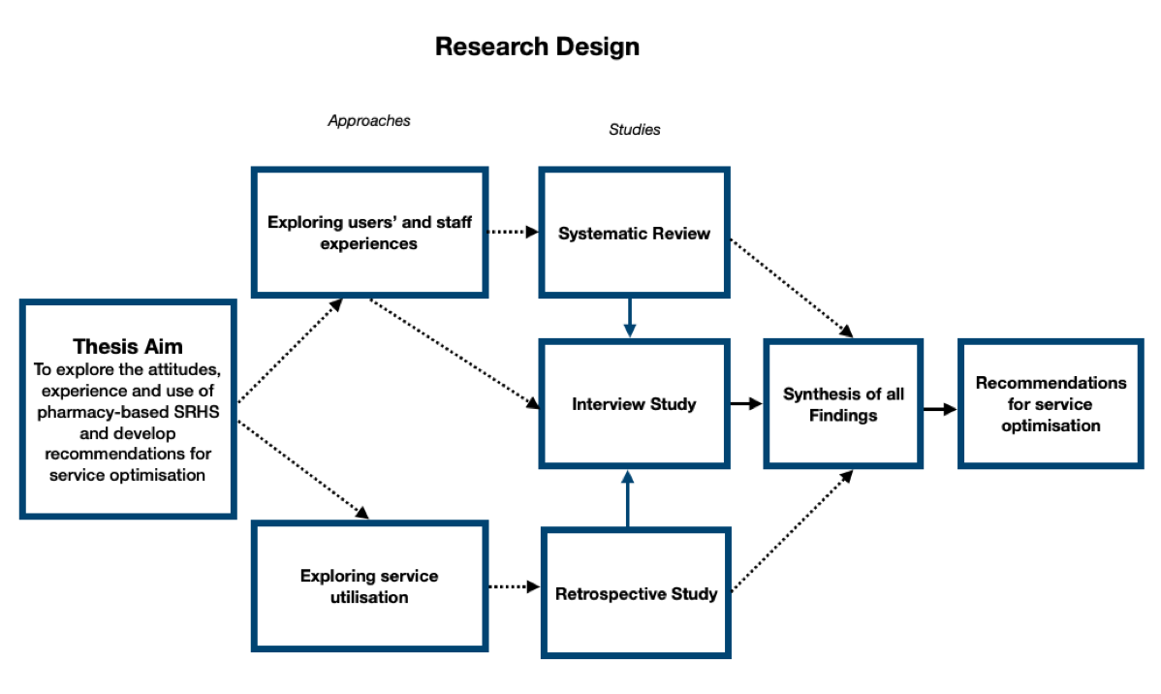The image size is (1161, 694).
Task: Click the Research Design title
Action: click(x=537, y=46)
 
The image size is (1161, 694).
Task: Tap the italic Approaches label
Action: click(x=369, y=121)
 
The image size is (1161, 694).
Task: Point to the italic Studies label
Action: click(x=635, y=129)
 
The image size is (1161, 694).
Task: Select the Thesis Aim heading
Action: click(x=127, y=346)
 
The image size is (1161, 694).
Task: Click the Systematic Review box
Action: click(x=634, y=233)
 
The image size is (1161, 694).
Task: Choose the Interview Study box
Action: click(x=634, y=404)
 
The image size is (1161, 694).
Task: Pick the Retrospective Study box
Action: click(x=636, y=593)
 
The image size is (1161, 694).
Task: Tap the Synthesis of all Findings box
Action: click(x=843, y=404)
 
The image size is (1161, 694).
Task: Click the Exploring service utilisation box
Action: click(x=368, y=586)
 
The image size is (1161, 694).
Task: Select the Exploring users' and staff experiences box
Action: click(x=369, y=233)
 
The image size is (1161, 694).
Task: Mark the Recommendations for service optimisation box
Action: click(x=1051, y=404)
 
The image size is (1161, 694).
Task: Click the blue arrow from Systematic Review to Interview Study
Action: click(x=630, y=317)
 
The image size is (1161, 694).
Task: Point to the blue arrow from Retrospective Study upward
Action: click(x=628, y=498)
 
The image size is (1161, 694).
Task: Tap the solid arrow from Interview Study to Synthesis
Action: click(x=745, y=404)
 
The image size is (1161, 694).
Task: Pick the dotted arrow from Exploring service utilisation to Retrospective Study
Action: click(x=513, y=586)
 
